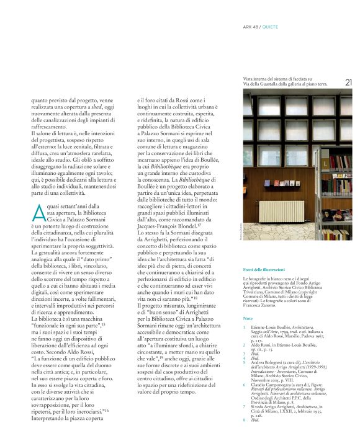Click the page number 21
click(x=348, y=82)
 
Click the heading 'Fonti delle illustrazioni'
click(x=264, y=270)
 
